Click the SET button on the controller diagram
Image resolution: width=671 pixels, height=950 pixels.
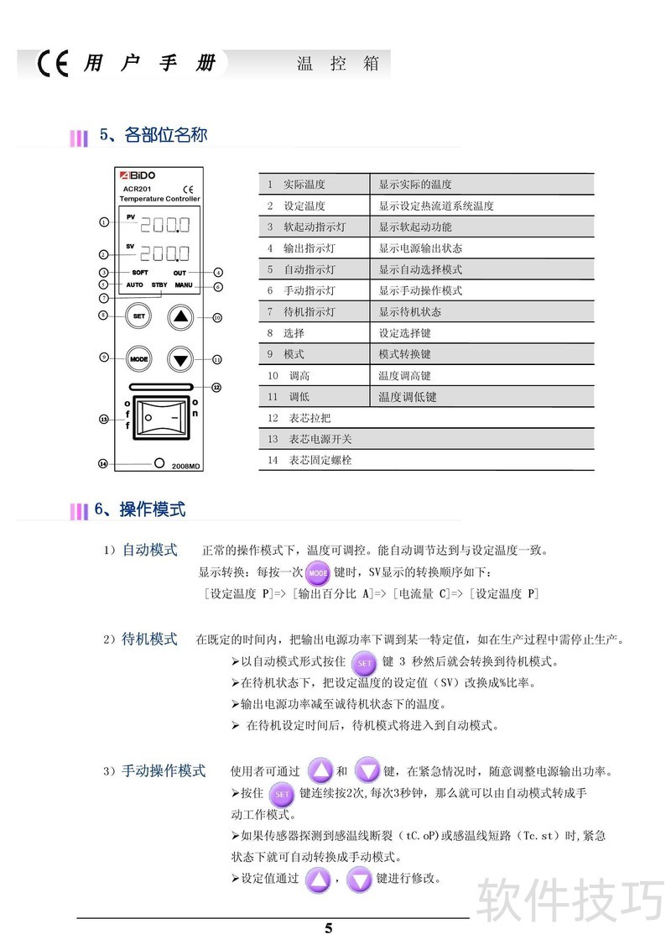pos(138,316)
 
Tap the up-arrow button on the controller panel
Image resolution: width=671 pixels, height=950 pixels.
pos(181,316)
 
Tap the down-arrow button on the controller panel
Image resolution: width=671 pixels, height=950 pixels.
pos(181,359)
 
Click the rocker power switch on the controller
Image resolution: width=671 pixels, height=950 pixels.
pos(161,417)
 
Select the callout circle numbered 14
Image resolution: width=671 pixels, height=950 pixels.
pos(103,463)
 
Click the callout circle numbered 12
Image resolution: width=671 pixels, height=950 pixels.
pos(216,388)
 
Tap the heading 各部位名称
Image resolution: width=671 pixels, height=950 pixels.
pos(165,135)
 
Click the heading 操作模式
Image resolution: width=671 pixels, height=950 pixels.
pos(152,509)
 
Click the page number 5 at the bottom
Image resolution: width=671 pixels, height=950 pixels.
pos(329,928)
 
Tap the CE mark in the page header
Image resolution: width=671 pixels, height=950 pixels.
pos(53,65)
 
